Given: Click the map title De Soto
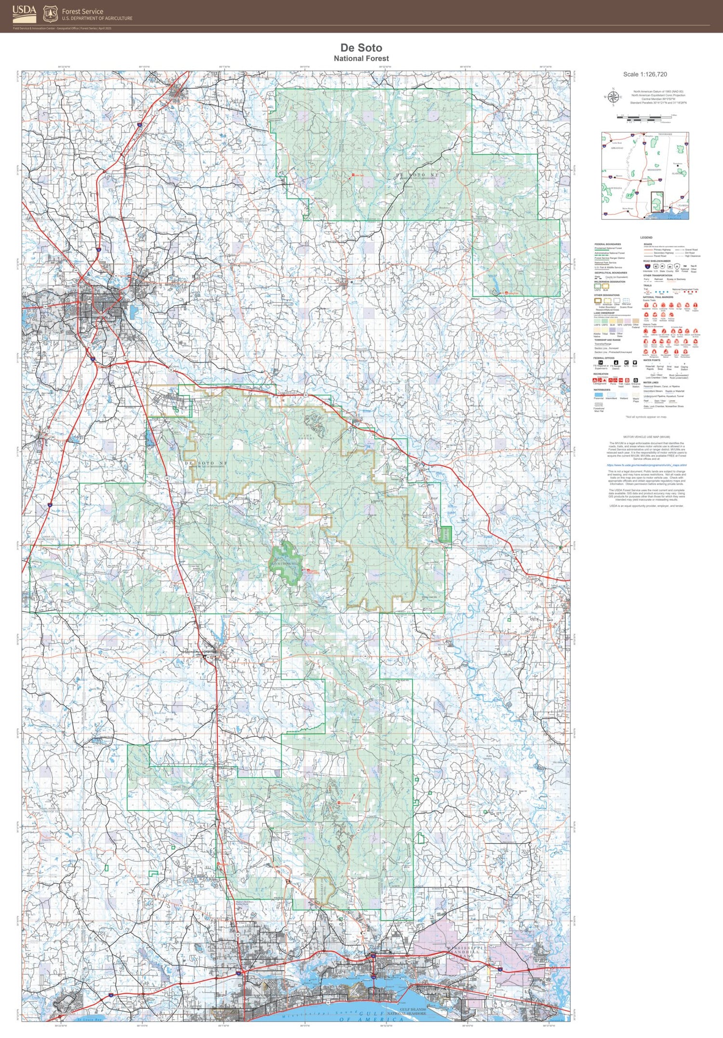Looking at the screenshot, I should [361, 48].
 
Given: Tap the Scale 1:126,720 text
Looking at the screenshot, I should [645, 74].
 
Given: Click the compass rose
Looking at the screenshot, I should [613, 97].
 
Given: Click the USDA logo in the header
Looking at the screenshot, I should [24, 13].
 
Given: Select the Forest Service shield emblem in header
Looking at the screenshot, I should [50, 14].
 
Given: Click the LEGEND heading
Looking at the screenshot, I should [646, 238].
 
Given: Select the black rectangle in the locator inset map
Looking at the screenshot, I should [657, 202].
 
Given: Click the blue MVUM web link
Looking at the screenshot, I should [646, 465].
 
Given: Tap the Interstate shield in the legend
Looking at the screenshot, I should [647, 266].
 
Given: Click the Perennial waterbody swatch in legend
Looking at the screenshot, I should [598, 394].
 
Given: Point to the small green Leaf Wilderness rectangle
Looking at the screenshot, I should [445, 533].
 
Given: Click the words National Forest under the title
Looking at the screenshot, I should [361, 58].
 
